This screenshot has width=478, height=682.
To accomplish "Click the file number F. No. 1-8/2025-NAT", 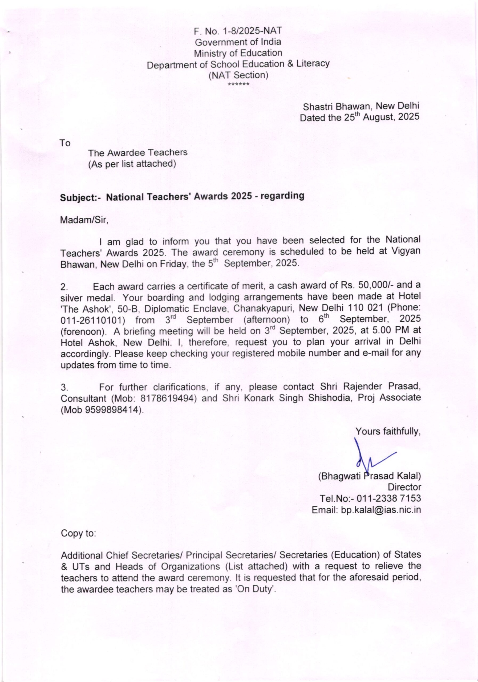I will pyautogui.click(x=238, y=31).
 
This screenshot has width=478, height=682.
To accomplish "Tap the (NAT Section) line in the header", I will pyautogui.click(x=238, y=75).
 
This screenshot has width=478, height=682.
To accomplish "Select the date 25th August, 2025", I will pyautogui.click(x=382, y=117).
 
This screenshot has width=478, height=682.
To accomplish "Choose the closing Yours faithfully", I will pyautogui.click(x=388, y=431).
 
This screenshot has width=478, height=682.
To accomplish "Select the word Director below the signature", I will pyautogui.click(x=404, y=487).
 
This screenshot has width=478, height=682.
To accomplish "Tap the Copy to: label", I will pyautogui.click(x=78, y=534).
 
